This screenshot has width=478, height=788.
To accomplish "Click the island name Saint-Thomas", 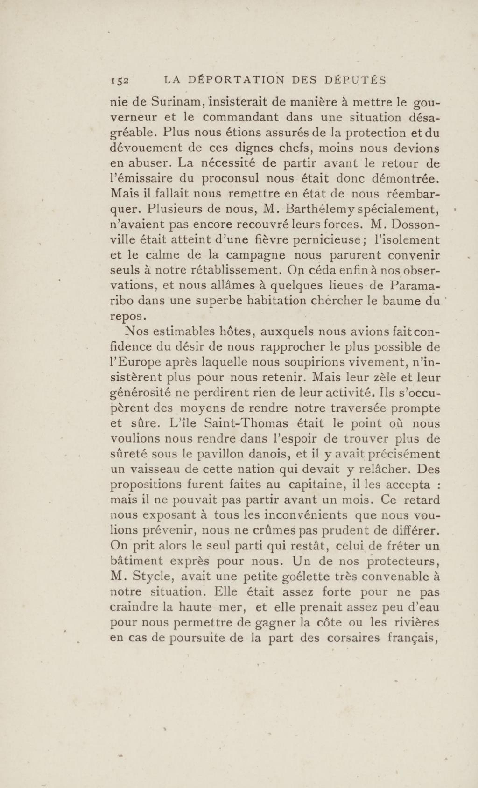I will click(246, 423).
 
